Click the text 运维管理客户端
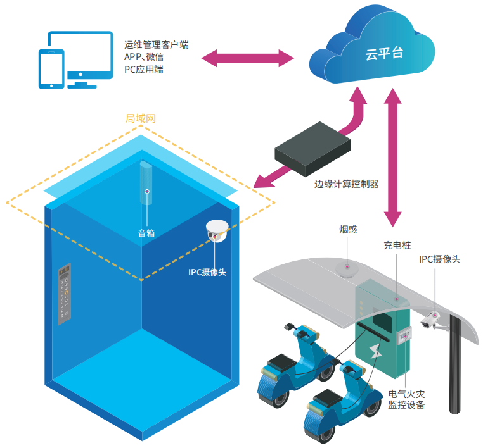(x=157, y=46)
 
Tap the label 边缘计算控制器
(x=346, y=184)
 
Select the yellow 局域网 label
(x=140, y=118)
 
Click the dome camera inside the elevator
(x=217, y=231)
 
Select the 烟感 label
(x=347, y=229)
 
